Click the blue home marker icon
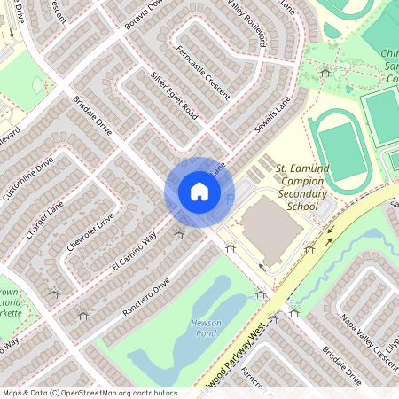(x=199, y=191)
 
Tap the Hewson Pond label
(x=206, y=329)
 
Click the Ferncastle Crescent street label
(x=203, y=72)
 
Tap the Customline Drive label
(x=27, y=178)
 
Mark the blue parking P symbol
(x=231, y=198)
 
